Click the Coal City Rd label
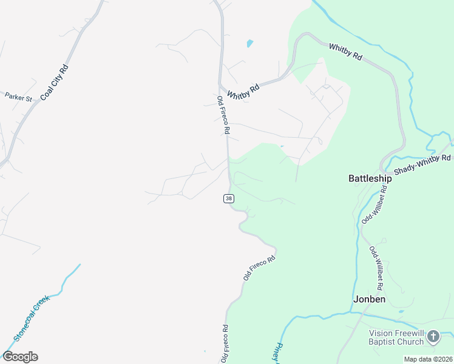[x=54, y=81]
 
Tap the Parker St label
[x=18, y=96]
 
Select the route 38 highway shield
[x=228, y=198]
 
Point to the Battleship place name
[x=370, y=178]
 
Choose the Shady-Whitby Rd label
[x=422, y=164]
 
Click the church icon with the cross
[x=433, y=335]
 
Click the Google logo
[x=20, y=357]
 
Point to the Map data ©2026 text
[x=429, y=359]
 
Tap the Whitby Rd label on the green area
[x=346, y=52]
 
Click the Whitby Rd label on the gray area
[x=243, y=92]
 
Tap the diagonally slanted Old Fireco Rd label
[x=259, y=268]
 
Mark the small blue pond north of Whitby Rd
[x=249, y=44]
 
